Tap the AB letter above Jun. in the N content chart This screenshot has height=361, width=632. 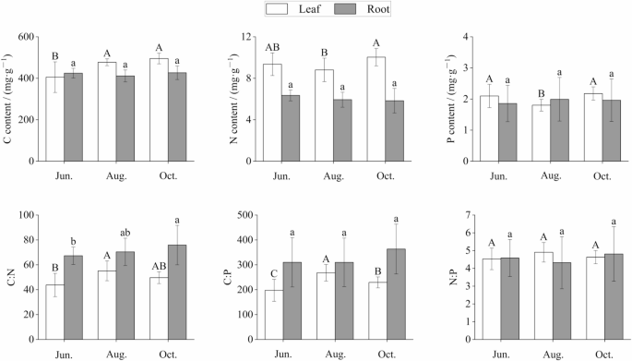click(272, 47)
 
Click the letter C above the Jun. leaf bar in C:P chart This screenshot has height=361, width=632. click(273, 272)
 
